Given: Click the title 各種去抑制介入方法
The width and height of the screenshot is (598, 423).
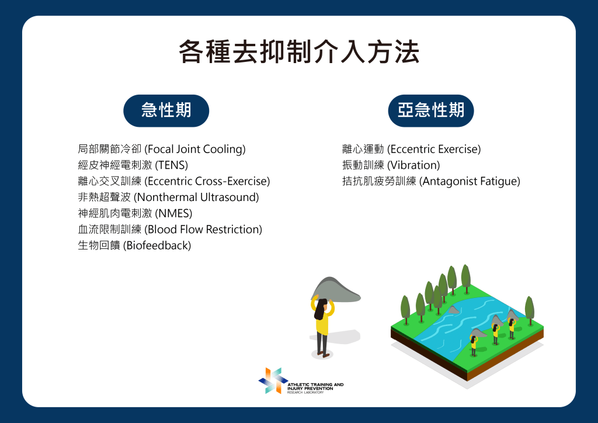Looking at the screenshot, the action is [x=299, y=51].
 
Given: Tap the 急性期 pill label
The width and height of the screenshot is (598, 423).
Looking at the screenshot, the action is [x=166, y=110].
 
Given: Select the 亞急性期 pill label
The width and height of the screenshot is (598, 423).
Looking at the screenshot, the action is [x=430, y=110].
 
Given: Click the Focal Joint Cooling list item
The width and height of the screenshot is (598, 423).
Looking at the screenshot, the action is [x=162, y=149].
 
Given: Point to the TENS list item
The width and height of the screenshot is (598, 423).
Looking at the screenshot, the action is [x=133, y=165].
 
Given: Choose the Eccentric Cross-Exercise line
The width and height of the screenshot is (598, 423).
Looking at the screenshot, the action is [x=174, y=181].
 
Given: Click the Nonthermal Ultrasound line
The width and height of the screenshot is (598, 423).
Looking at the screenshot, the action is [x=168, y=197].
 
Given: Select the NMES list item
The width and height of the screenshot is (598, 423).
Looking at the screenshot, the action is [x=135, y=213].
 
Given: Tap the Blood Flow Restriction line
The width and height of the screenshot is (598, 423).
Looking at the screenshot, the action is [x=170, y=229].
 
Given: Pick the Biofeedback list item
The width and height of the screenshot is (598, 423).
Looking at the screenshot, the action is [x=134, y=245].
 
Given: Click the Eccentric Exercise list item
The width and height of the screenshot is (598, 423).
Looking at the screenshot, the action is [x=412, y=149].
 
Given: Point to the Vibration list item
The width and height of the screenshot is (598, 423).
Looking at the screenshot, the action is [x=391, y=165].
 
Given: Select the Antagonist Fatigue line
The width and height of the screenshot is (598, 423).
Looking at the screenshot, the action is [x=431, y=181].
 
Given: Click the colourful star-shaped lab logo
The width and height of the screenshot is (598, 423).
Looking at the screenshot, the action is [x=273, y=380].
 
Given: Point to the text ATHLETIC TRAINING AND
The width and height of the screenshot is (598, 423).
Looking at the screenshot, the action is [x=315, y=384].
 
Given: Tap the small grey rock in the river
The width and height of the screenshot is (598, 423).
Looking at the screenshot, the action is [x=453, y=310].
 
